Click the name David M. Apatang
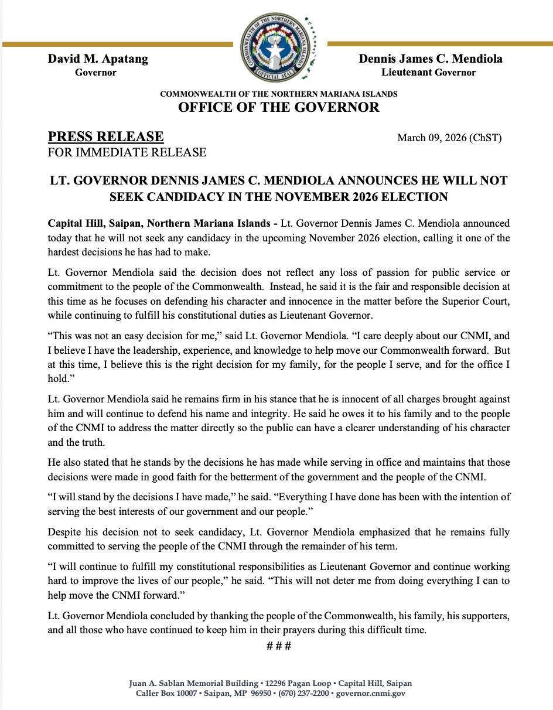pos(98,59)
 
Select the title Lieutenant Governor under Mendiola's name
pos(428,73)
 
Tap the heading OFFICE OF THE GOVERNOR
pos(278,107)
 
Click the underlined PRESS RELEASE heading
pos(105,136)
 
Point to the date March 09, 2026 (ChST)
pos(449,138)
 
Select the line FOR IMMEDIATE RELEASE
pos(127,152)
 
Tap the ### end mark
pos(279,646)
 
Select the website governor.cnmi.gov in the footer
pos(370,694)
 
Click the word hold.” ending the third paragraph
pos(59,378)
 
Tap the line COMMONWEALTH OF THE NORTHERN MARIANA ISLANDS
pos(278,94)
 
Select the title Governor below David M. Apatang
pos(95,73)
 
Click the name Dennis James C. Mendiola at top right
pos(430,59)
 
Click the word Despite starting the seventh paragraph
pos(66,532)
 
